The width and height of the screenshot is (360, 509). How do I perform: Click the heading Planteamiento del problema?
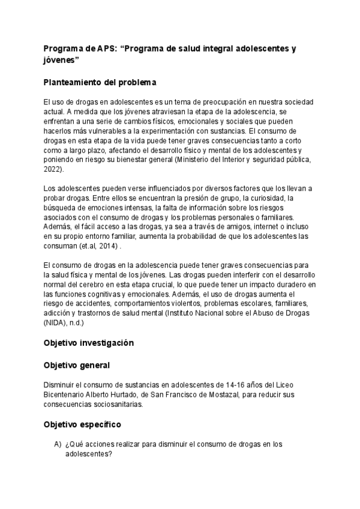click(x=100, y=82)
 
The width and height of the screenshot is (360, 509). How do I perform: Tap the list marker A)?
click(x=58, y=444)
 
